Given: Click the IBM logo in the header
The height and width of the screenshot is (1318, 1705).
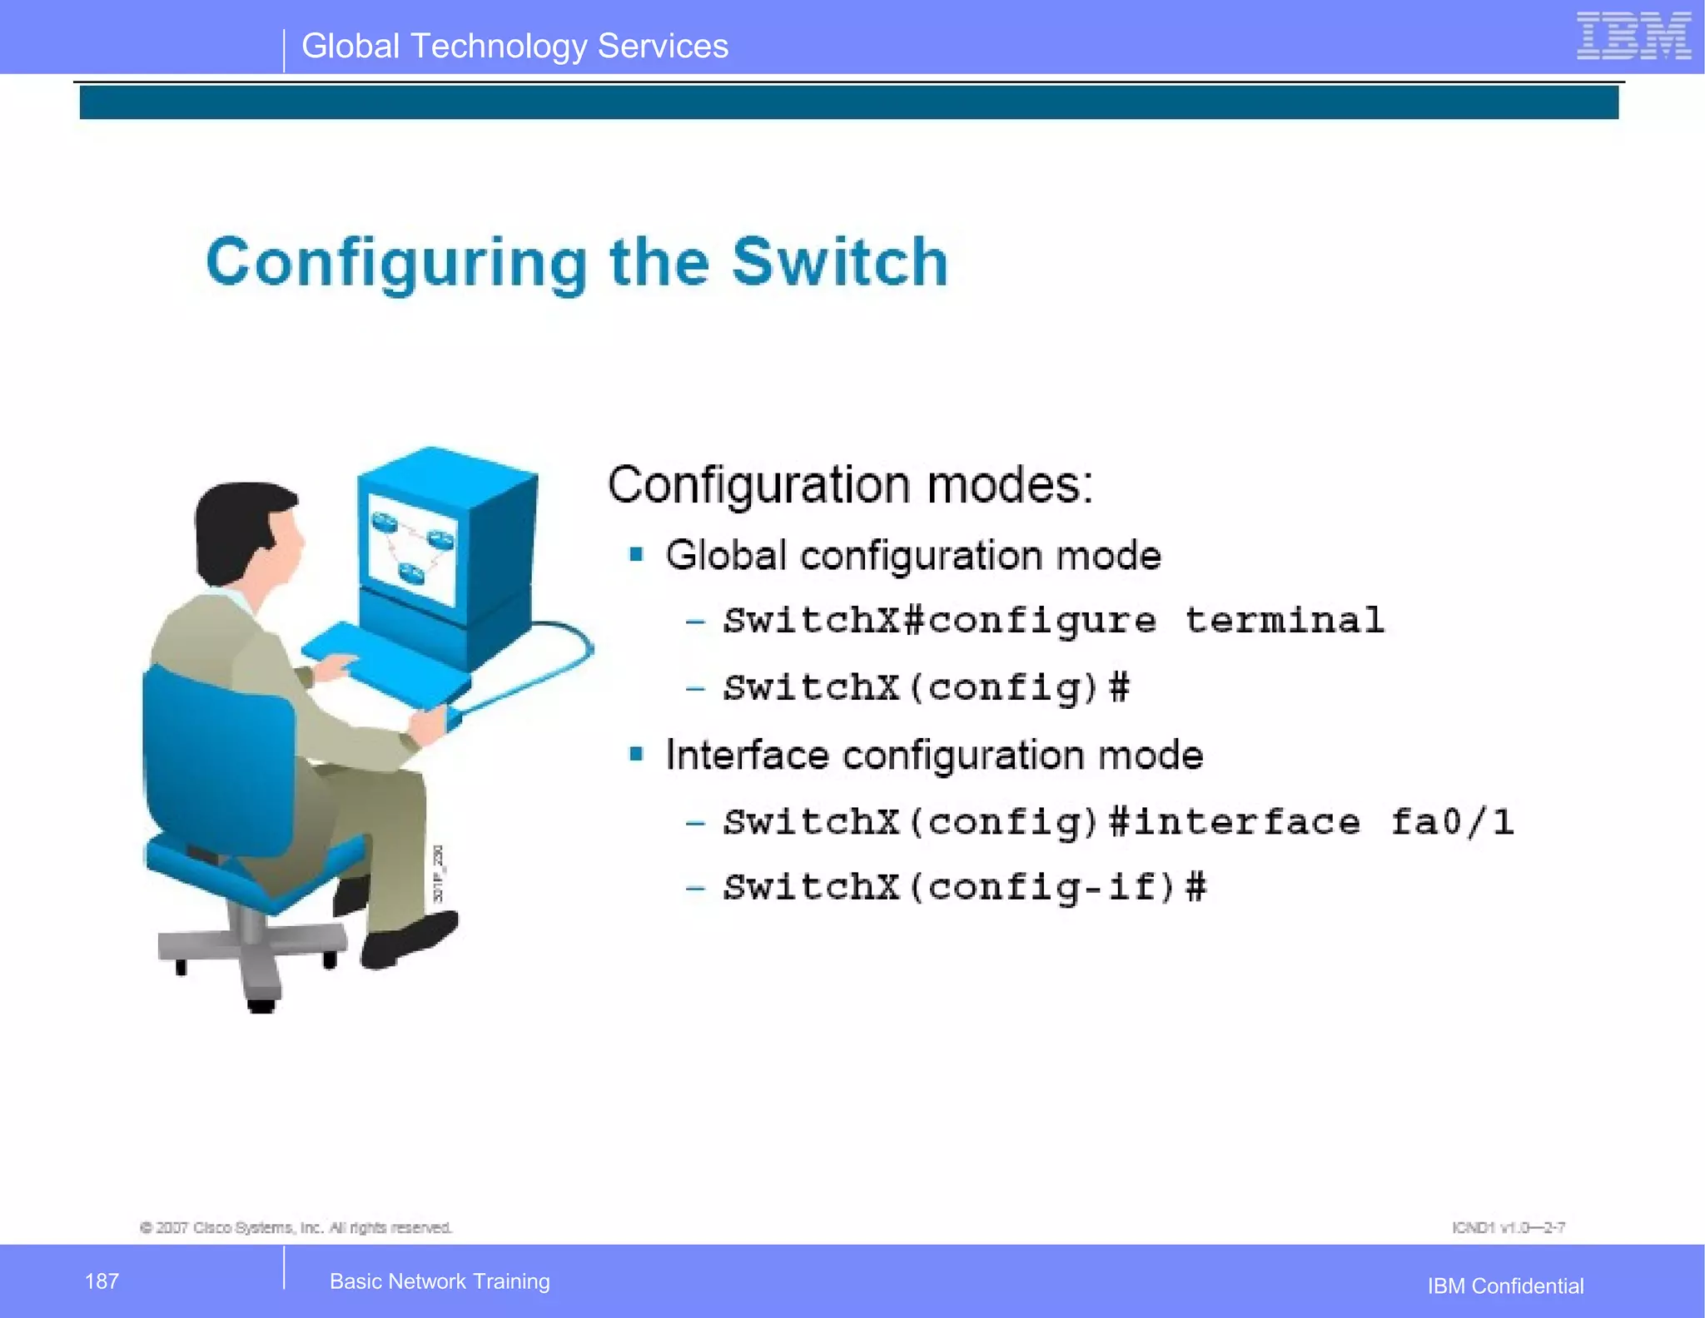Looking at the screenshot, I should pyautogui.click(x=1633, y=37).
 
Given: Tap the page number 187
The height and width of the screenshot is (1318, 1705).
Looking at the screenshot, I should pyautogui.click(x=102, y=1281).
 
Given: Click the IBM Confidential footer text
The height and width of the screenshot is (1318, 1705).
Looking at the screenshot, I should pyautogui.click(x=1505, y=1286).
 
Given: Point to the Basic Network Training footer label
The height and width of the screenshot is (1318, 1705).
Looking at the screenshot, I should pyautogui.click(x=440, y=1281).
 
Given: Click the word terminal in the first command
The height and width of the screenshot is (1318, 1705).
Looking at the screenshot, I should pyautogui.click(x=1284, y=621).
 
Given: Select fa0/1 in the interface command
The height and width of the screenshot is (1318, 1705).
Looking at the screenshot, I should pyautogui.click(x=1452, y=823).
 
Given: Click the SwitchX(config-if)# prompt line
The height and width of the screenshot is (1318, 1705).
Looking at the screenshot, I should pyautogui.click(x=964, y=888).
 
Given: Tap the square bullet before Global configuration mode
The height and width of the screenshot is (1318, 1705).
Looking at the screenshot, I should pyautogui.click(x=637, y=555).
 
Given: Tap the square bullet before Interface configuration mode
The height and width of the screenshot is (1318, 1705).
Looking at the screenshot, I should pyautogui.click(x=637, y=755).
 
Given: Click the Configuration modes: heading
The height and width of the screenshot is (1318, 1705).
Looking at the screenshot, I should pyautogui.click(x=850, y=485).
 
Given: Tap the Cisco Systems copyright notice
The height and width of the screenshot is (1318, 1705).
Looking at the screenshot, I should pyautogui.click(x=296, y=1228).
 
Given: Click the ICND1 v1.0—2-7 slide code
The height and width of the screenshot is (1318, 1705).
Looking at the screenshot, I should pyautogui.click(x=1508, y=1228).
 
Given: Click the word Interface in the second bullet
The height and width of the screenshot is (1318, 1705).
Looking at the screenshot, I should pyautogui.click(x=747, y=756).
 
